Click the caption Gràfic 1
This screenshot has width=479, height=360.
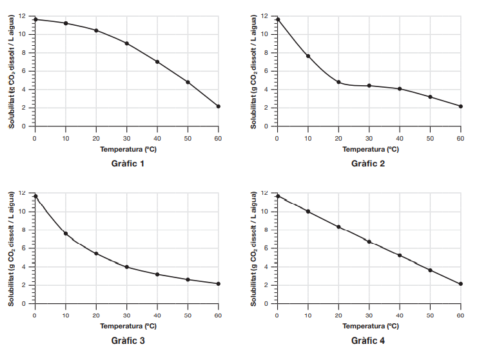pyautogui.click(x=127, y=164)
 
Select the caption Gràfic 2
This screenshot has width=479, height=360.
pyautogui.click(x=368, y=164)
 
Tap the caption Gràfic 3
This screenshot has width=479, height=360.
pyautogui.click(x=127, y=341)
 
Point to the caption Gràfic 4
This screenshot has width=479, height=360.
pyautogui.click(x=368, y=341)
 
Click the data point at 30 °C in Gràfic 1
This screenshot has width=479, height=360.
pyautogui.click(x=127, y=43)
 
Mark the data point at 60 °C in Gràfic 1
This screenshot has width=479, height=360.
pyautogui.click(x=219, y=106)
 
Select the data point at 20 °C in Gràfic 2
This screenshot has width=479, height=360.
pyautogui.click(x=338, y=82)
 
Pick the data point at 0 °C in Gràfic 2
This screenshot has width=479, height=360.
pyautogui.click(x=278, y=19)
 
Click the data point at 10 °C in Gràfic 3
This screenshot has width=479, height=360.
pyautogui.click(x=66, y=233)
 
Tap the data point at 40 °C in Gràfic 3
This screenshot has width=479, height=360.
pyautogui.click(x=157, y=274)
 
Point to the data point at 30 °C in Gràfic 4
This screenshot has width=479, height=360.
pyautogui.click(x=369, y=242)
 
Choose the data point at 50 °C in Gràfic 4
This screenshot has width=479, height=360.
pyautogui.click(x=430, y=270)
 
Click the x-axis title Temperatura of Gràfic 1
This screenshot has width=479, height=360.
pyautogui.click(x=127, y=149)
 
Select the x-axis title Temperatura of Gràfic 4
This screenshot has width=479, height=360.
pyautogui.click(x=369, y=326)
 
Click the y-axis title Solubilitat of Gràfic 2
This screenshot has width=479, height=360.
pyautogui.click(x=254, y=71)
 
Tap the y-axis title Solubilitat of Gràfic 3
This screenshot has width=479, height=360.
pyautogui.click(x=12, y=248)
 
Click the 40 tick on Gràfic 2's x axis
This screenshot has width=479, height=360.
pyautogui.click(x=400, y=139)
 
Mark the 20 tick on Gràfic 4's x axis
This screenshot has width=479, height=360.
pyautogui.click(x=338, y=315)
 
